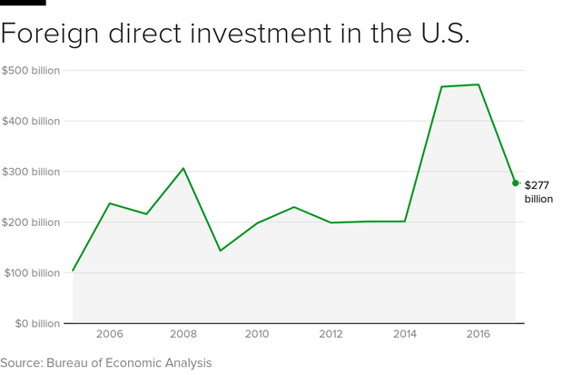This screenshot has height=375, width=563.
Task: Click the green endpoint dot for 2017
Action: coord(515,183)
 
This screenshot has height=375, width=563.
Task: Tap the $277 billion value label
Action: coord(537,191)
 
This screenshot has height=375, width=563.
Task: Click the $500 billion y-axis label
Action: coord(31,70)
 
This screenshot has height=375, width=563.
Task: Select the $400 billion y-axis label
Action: coord(31,121)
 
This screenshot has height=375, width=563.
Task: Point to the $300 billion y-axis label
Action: coord(31,172)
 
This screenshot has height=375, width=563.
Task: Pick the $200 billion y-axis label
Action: coord(31,222)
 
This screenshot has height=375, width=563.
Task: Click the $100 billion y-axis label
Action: coord(31,273)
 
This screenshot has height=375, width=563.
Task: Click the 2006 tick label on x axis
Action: coord(110,335)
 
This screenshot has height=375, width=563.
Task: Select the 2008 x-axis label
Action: coord(183,335)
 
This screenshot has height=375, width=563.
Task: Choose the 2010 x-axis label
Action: coord(257,335)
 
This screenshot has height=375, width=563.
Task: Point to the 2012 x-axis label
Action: coord(331,335)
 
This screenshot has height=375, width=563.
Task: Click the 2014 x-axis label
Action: coord(405,335)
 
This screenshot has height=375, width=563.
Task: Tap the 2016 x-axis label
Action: coord(479,335)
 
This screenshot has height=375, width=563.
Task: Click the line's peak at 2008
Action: coord(183,168)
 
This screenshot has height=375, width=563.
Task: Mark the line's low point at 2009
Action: coord(221,251)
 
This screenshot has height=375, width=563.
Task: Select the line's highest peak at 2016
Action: coord(479,84)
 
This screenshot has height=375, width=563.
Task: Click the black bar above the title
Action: coord(23,3)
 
